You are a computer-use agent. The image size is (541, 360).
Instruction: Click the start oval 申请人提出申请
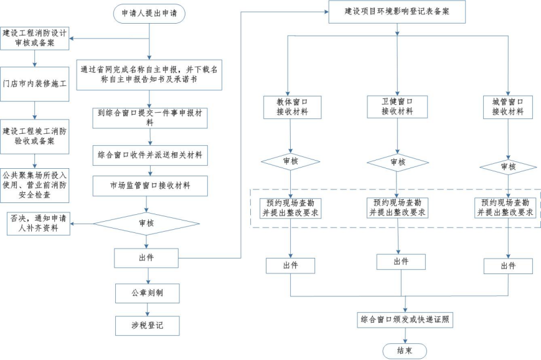(149, 14)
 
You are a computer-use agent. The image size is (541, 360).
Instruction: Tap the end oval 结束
(405, 351)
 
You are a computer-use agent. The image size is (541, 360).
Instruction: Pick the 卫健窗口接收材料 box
(397, 107)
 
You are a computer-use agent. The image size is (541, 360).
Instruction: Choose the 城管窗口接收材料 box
(508, 107)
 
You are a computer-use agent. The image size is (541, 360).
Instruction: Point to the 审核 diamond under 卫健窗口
(397, 163)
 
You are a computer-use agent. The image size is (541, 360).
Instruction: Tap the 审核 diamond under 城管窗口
(508, 167)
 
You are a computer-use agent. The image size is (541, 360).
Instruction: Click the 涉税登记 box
(147, 325)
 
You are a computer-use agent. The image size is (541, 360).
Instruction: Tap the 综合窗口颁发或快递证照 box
(405, 320)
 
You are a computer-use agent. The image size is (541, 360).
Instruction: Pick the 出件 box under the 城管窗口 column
(508, 266)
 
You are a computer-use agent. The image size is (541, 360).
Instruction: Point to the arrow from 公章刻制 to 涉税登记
(148, 308)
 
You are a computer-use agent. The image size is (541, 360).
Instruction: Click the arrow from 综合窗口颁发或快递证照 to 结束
(405, 336)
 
